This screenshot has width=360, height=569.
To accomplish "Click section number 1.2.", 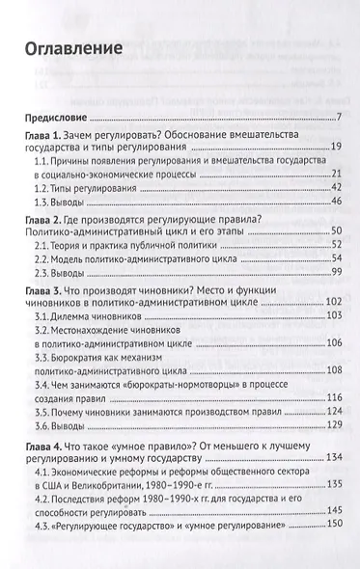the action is [x=44, y=188].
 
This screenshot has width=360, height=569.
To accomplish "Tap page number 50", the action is [x=335, y=234].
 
